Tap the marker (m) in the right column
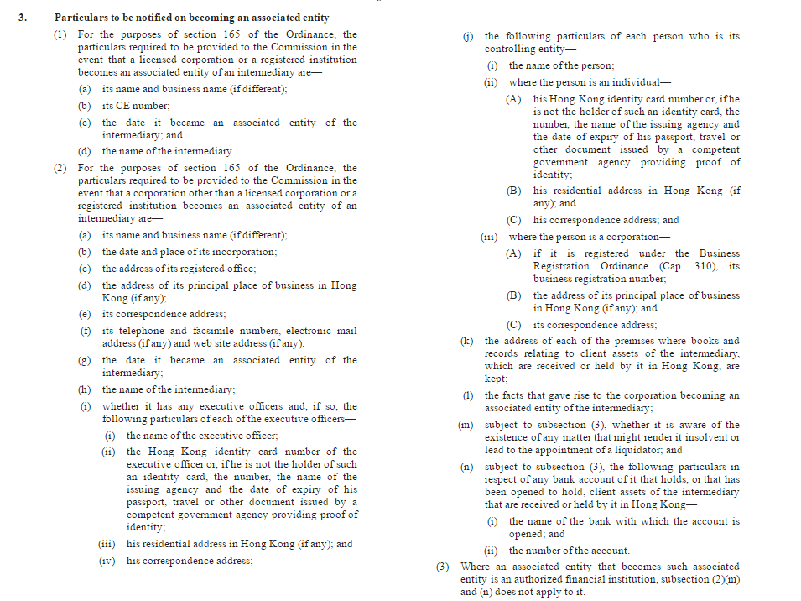(466, 425)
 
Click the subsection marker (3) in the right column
(444, 567)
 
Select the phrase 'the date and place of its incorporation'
(190, 252)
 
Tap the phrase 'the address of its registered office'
(179, 269)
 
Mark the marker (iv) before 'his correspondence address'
(107, 561)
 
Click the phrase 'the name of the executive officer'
(202, 436)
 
